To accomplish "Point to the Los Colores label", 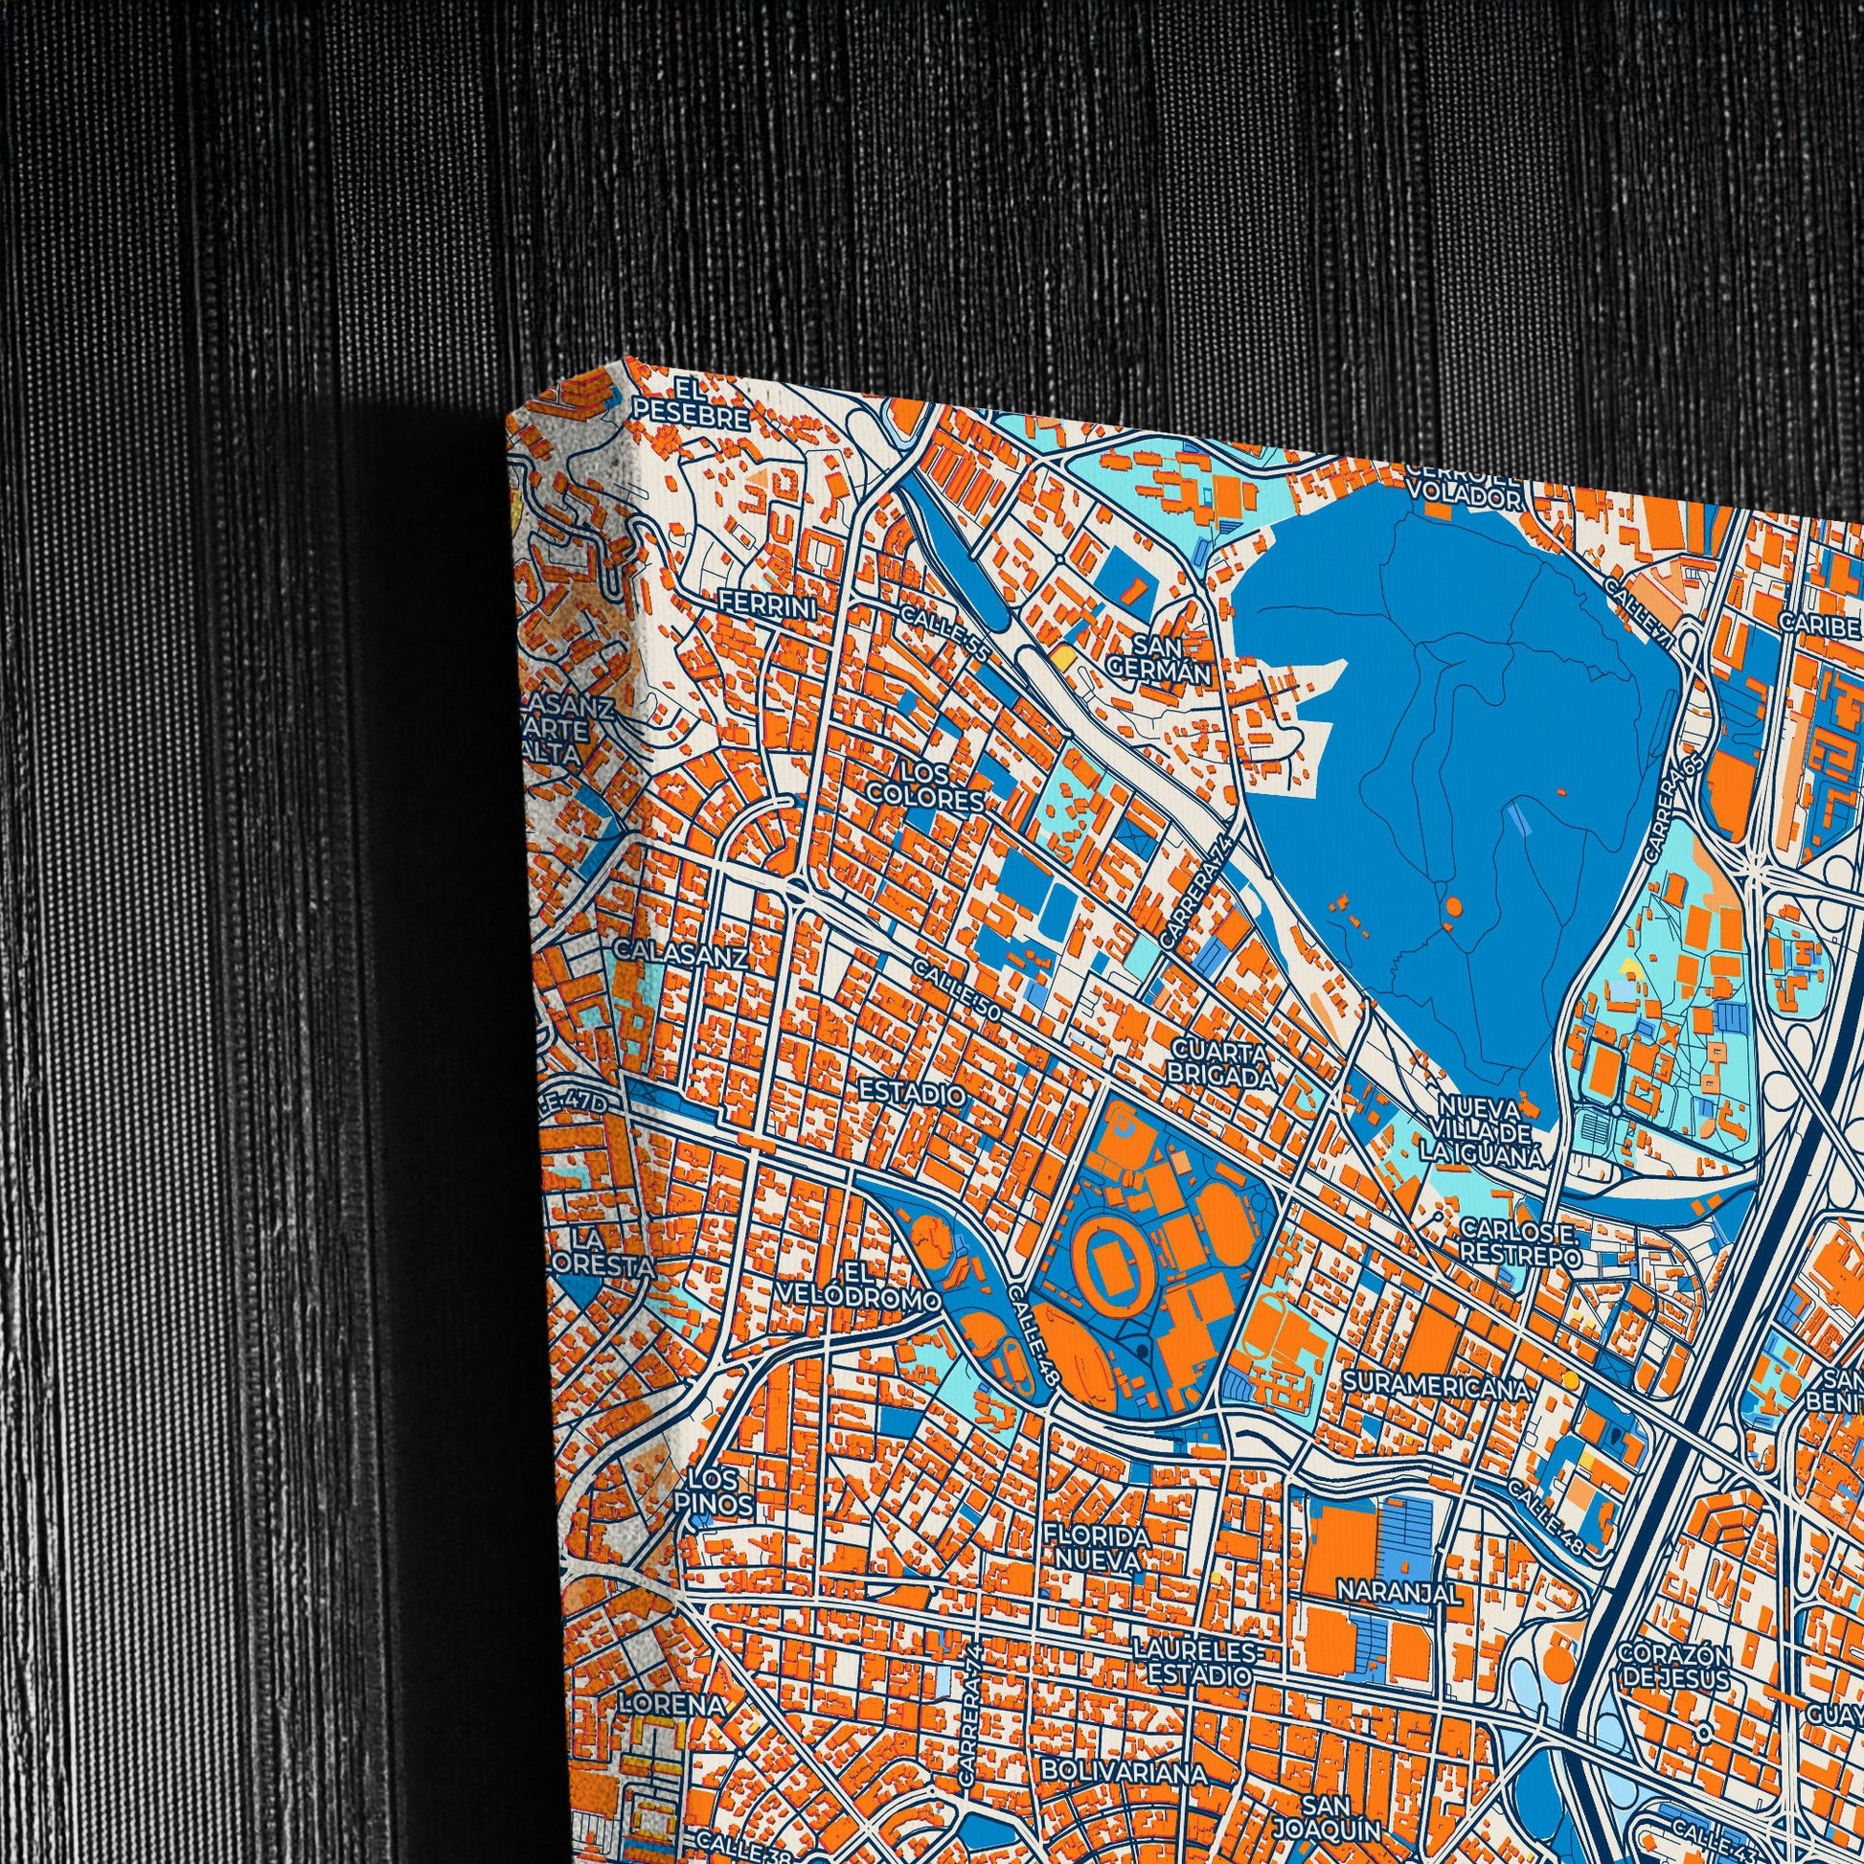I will point(925,787).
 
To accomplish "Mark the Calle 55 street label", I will point(944,634).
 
